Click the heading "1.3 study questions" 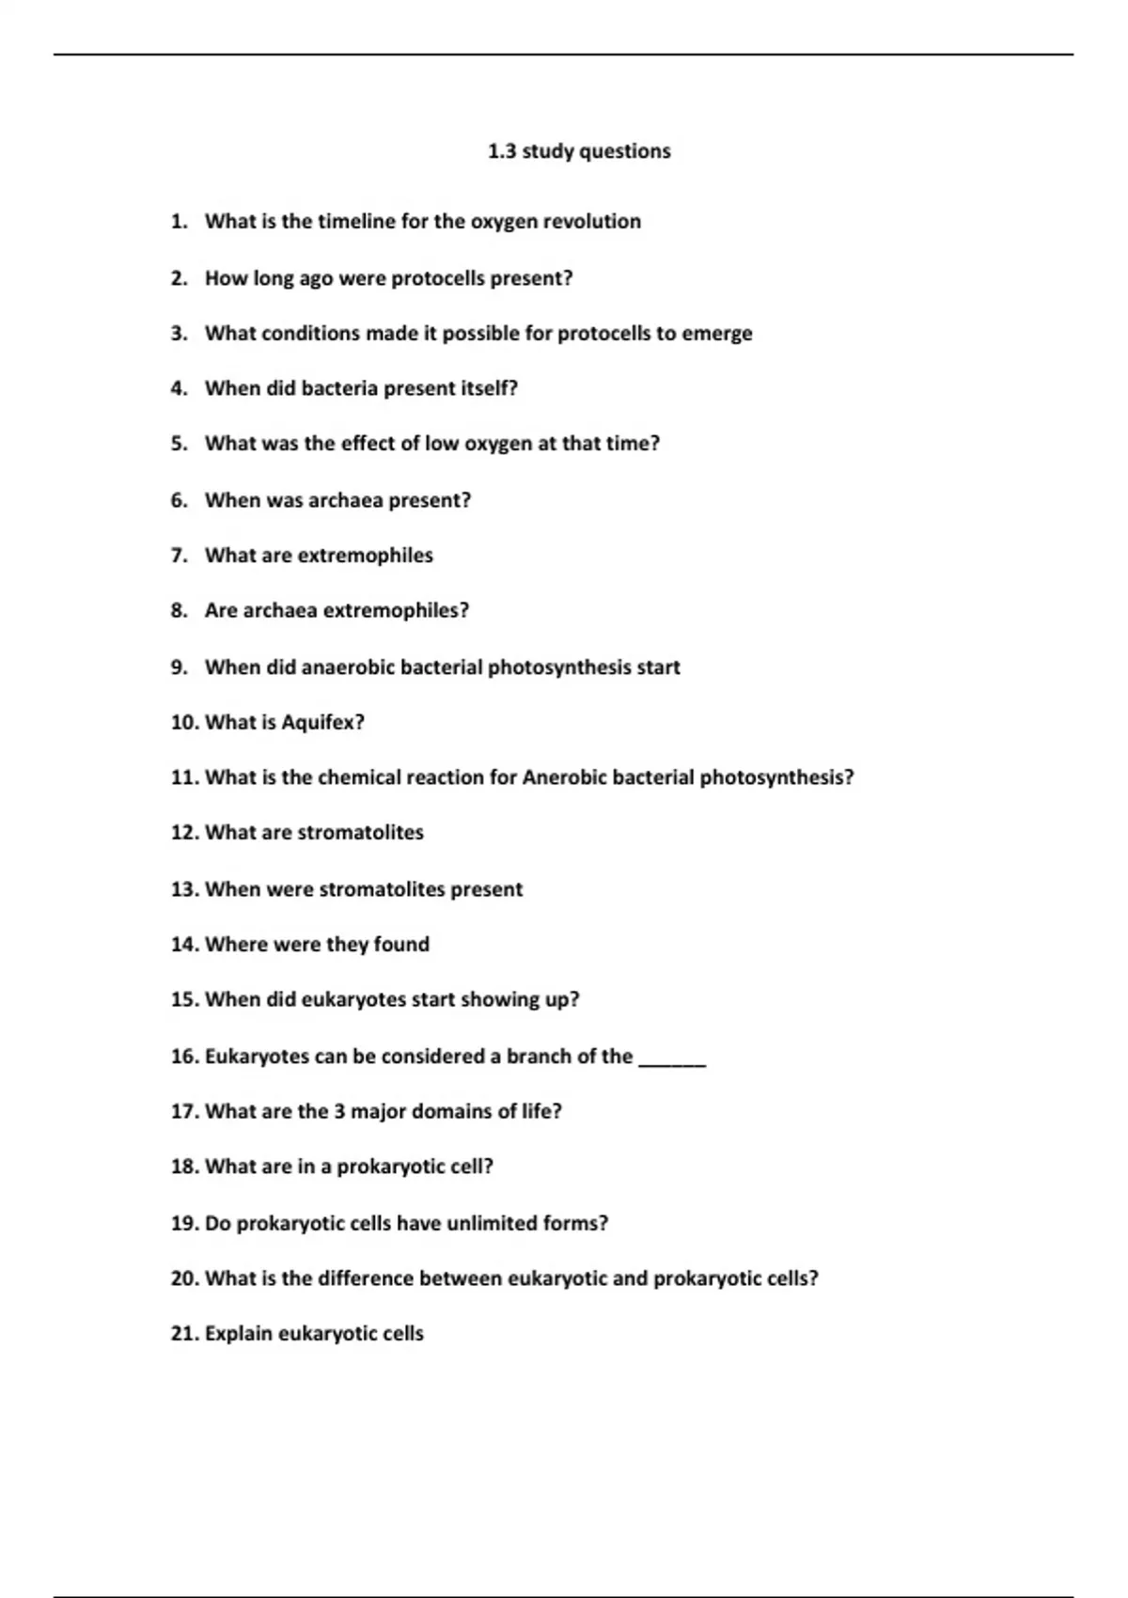[x=579, y=151]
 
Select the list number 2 [x=179, y=278]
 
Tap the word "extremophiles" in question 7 [x=365, y=556]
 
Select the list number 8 [x=179, y=611]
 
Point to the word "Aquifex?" [x=322, y=723]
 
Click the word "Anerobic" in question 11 [x=566, y=777]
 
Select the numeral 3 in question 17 [x=339, y=1111]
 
